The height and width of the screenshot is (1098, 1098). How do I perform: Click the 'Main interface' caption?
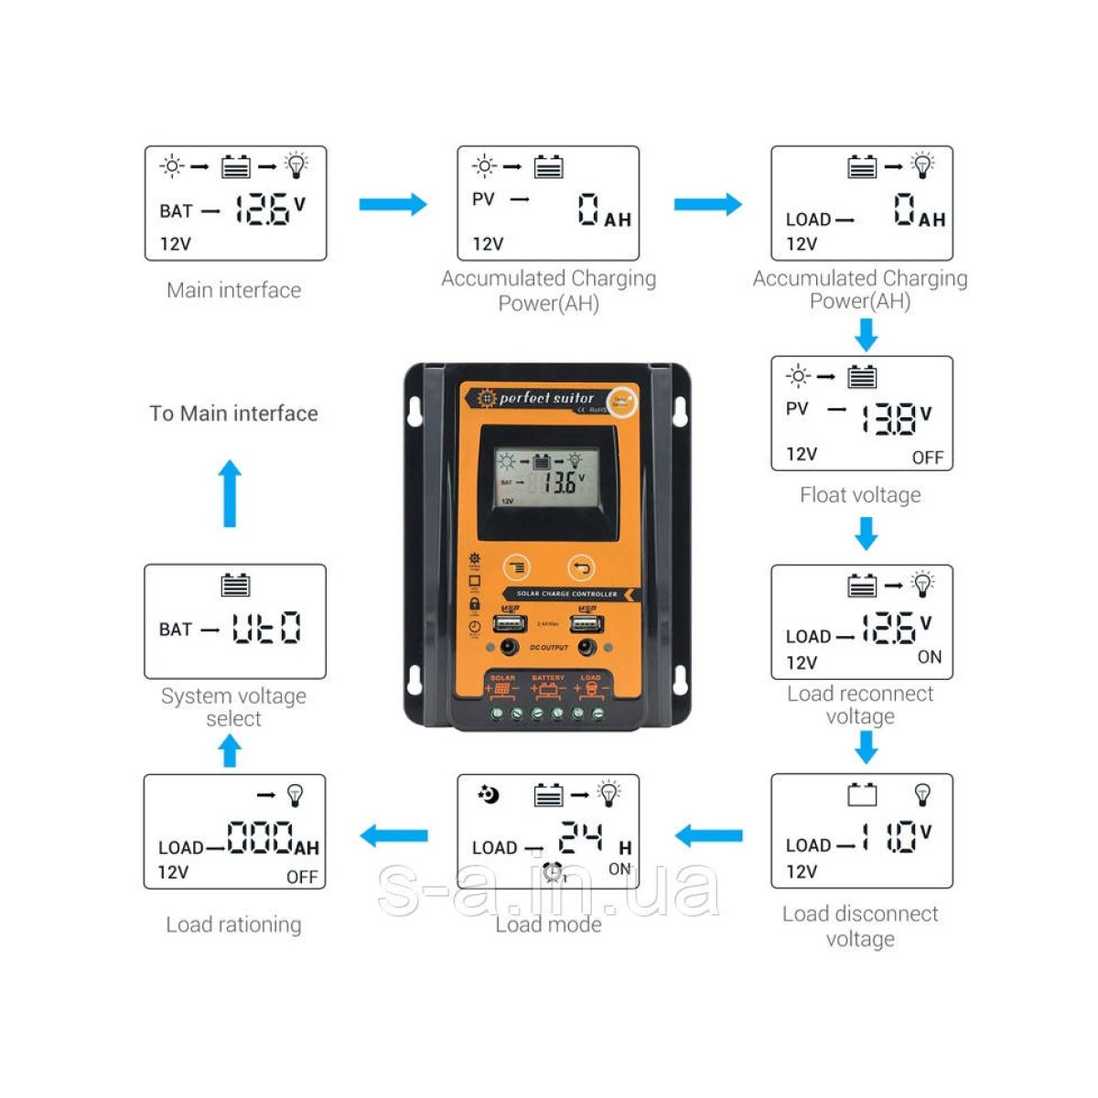(x=233, y=290)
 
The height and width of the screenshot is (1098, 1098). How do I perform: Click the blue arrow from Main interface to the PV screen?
(x=393, y=204)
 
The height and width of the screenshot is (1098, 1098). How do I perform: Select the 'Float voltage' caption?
(x=860, y=495)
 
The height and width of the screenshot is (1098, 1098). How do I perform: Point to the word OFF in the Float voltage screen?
(x=927, y=457)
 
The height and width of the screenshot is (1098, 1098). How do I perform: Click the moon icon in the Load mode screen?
(x=490, y=794)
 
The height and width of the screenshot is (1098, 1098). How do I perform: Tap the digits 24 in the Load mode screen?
(x=581, y=837)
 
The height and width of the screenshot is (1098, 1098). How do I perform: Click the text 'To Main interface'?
(x=233, y=414)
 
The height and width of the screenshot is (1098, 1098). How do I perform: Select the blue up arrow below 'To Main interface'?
(x=230, y=493)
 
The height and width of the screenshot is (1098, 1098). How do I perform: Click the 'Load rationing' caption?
(x=233, y=924)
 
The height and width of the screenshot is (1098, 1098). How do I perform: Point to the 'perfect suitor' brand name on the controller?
(x=546, y=398)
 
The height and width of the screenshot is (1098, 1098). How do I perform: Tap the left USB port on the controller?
(x=509, y=623)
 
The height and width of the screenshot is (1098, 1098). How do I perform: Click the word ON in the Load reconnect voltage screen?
(x=929, y=657)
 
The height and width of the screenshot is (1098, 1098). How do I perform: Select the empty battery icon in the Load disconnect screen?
(x=862, y=794)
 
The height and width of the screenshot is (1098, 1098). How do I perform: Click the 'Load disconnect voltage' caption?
(x=860, y=926)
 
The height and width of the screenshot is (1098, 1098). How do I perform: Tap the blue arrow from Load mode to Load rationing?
(x=394, y=834)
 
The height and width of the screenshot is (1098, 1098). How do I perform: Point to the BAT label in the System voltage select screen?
(x=176, y=630)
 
